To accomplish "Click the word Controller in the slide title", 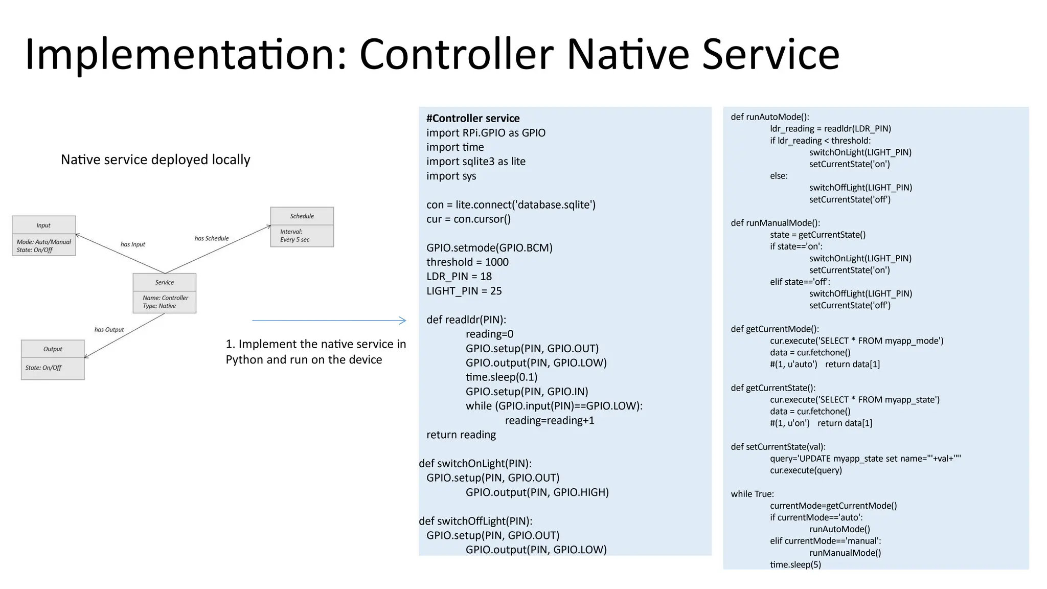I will tap(456, 54).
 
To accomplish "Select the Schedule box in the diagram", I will tap(302, 227).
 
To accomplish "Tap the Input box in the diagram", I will tap(43, 236).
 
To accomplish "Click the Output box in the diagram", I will tap(53, 359).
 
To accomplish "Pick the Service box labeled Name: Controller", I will tap(164, 293).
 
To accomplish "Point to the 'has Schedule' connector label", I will tap(211, 238).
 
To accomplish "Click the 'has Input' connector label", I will tap(132, 244).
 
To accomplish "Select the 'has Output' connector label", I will tap(109, 330).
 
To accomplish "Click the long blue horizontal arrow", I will tap(328, 321).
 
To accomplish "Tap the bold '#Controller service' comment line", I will tap(472, 118).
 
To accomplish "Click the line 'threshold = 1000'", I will tap(467, 262).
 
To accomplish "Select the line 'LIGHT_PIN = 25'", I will tap(464, 291).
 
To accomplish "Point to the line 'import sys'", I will tap(451, 176).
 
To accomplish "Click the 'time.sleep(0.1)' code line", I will tap(501, 377).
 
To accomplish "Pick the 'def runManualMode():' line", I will tap(775, 223).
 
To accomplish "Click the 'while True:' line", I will tap(752, 494).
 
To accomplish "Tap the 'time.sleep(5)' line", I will tap(795, 564).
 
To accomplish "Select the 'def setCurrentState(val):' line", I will tap(778, 447).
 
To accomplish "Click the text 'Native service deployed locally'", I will tap(155, 160).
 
